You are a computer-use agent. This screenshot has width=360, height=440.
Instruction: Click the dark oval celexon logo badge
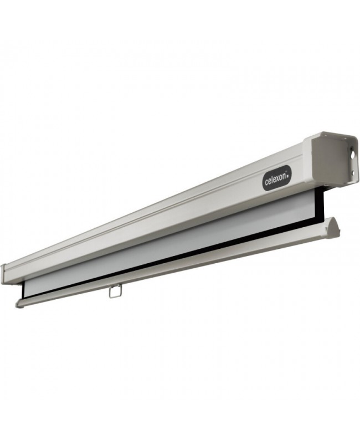[277, 179]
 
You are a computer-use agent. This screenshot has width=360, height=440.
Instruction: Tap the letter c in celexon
[266, 182]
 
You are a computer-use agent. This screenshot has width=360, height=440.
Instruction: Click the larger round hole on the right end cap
[353, 154]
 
